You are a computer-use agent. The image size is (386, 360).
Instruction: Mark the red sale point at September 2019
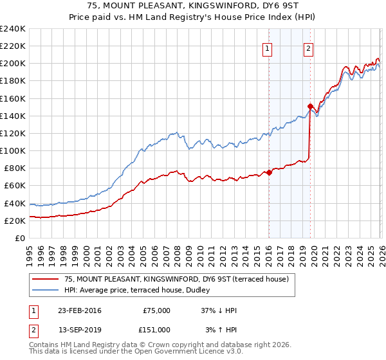310,106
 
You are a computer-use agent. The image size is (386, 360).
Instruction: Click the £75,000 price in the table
156,310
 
